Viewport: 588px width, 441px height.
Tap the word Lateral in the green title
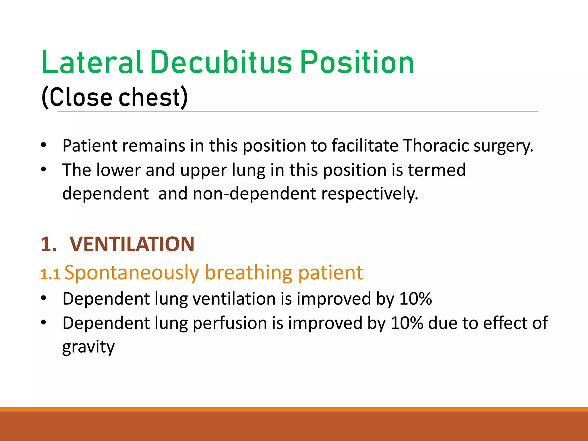point(92,62)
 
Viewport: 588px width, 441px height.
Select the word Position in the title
point(357,62)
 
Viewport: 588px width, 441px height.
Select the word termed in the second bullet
point(437,170)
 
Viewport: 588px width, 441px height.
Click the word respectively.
point(370,194)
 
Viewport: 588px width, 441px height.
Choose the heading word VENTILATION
point(132,244)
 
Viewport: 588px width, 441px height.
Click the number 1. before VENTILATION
point(49,244)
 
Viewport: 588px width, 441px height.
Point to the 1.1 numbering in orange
point(50,274)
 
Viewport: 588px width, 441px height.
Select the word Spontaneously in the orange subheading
point(131,273)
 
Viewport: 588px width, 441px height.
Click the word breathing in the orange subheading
point(249,273)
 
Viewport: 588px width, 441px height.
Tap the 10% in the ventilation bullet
point(415,299)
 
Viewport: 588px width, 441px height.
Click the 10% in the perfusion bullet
point(407,323)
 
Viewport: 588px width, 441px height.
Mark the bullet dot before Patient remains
point(43,145)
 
